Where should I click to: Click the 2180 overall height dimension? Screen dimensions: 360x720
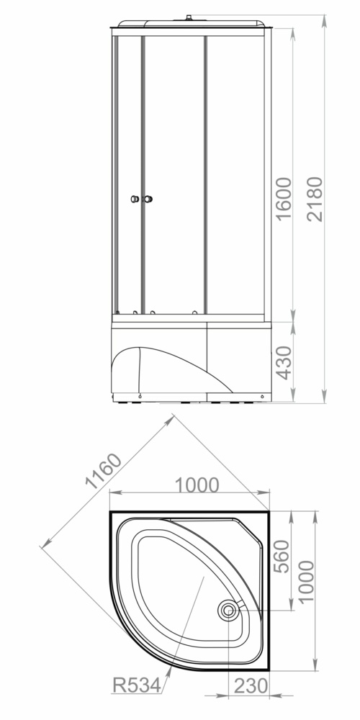(x=315, y=199)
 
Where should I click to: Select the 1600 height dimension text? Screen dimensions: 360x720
(x=284, y=199)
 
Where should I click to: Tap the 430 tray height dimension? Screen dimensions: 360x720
(x=284, y=363)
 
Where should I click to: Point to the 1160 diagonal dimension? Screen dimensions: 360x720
(x=104, y=471)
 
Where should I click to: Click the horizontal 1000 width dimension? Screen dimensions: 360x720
(x=197, y=485)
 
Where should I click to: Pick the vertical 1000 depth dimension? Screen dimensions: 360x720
(x=306, y=581)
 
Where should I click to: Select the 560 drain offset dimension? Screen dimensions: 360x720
(x=282, y=556)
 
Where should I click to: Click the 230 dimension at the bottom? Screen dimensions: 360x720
(x=251, y=686)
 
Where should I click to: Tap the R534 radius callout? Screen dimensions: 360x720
(x=137, y=685)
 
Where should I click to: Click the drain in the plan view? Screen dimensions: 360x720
(x=228, y=611)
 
